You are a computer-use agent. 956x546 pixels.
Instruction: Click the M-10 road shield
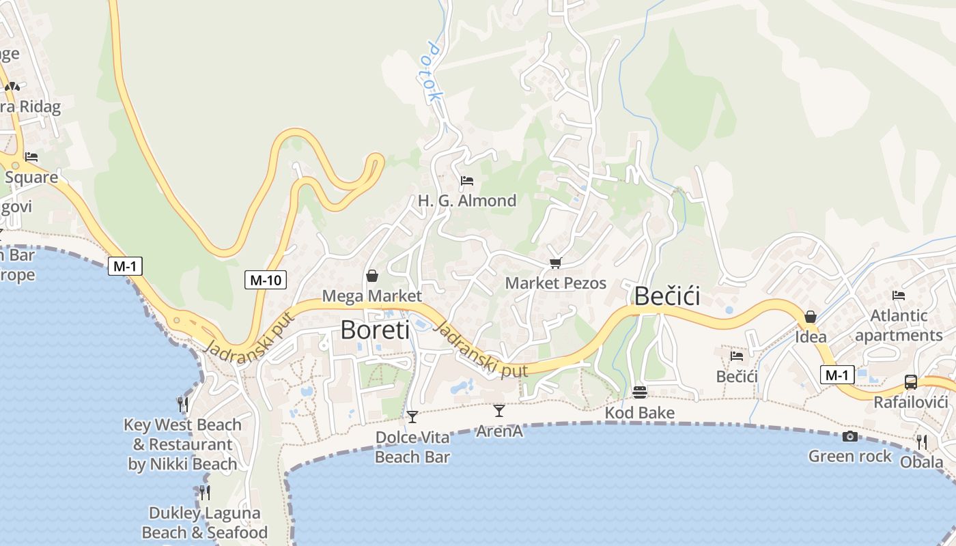pyautogui.click(x=266, y=279)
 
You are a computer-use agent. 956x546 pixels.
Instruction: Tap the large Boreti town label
pyautogui.click(x=375, y=330)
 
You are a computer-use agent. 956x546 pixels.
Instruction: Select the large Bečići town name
pyautogui.click(x=667, y=296)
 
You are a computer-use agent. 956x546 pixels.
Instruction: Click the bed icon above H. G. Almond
pyautogui.click(x=467, y=181)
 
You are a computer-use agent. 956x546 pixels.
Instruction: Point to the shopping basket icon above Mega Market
pyautogui.click(x=372, y=276)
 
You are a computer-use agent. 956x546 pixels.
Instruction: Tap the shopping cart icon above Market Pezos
pyautogui.click(x=556, y=263)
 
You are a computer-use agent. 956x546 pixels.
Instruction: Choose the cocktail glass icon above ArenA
pyautogui.click(x=499, y=410)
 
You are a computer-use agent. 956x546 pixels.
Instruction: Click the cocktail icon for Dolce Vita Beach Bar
pyautogui.click(x=412, y=416)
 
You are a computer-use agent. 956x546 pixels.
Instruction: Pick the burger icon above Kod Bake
pyautogui.click(x=640, y=392)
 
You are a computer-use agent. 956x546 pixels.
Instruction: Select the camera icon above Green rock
pyautogui.click(x=850, y=436)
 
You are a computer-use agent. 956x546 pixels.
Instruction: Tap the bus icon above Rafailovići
pyautogui.click(x=911, y=382)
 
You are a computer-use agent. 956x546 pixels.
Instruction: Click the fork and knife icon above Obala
pyautogui.click(x=922, y=442)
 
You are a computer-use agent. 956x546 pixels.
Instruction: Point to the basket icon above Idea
pyautogui.click(x=811, y=317)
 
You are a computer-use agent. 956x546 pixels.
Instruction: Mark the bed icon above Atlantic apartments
pyautogui.click(x=899, y=296)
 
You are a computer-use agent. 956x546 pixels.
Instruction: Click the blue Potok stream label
pyautogui.click(x=433, y=72)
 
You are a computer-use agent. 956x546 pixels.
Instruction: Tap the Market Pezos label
pyautogui.click(x=556, y=283)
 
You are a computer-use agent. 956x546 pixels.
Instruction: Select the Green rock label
pyautogui.click(x=850, y=456)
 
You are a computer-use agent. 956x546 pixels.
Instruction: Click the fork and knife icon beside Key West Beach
pyautogui.click(x=183, y=405)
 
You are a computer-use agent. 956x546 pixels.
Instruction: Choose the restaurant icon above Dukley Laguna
pyautogui.click(x=204, y=493)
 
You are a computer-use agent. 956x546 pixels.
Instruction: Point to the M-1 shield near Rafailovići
pyautogui.click(x=836, y=375)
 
